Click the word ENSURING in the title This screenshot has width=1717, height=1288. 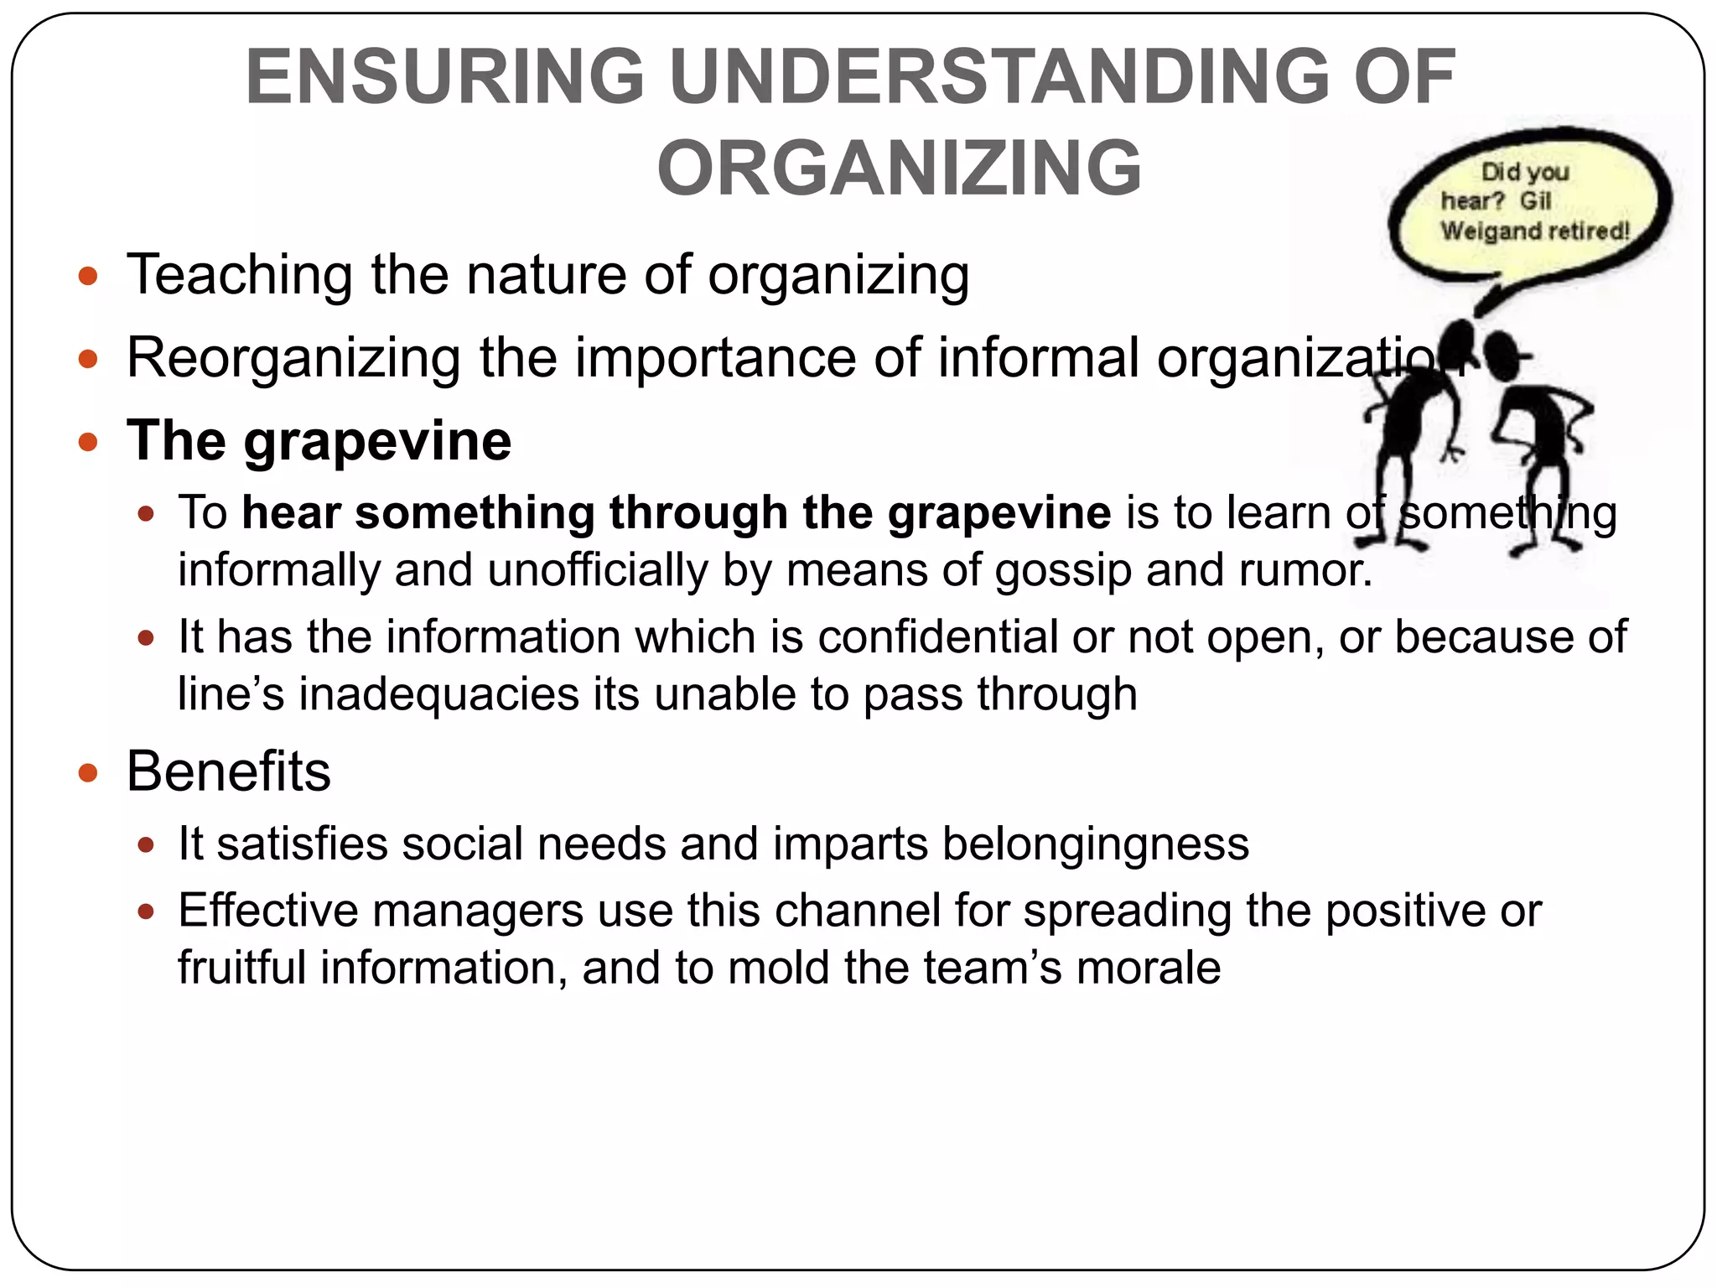coord(444,77)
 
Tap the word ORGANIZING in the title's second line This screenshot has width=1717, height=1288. coord(899,169)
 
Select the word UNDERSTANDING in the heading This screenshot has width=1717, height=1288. coord(999,77)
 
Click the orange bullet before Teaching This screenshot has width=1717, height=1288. coord(88,276)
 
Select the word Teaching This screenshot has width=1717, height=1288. coord(240,275)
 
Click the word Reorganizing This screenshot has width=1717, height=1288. coord(293,358)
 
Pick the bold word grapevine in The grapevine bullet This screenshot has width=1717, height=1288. coord(377,441)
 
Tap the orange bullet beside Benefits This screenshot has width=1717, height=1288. coord(88,771)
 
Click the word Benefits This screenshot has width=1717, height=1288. coord(228,771)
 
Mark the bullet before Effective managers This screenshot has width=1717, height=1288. coord(147,911)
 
